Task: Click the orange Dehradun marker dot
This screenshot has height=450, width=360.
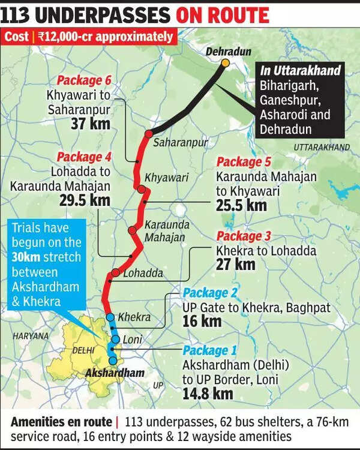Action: click(x=225, y=62)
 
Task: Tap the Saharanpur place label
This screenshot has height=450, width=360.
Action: click(x=180, y=143)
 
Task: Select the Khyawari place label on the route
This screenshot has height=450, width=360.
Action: click(x=166, y=178)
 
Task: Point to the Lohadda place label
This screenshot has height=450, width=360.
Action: click(x=143, y=273)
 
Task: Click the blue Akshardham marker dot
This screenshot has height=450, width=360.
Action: click(x=113, y=360)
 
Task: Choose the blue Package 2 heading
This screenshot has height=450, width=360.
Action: click(x=211, y=294)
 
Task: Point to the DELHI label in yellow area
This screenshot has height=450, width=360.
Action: click(x=82, y=349)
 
